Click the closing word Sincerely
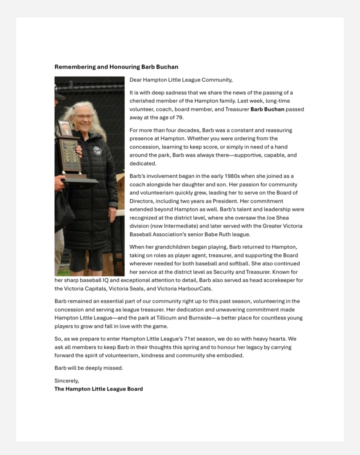tap(66, 381)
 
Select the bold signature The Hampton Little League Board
tap(99, 389)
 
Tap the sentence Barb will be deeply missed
tap(89, 368)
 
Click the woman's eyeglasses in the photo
tap(83, 117)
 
